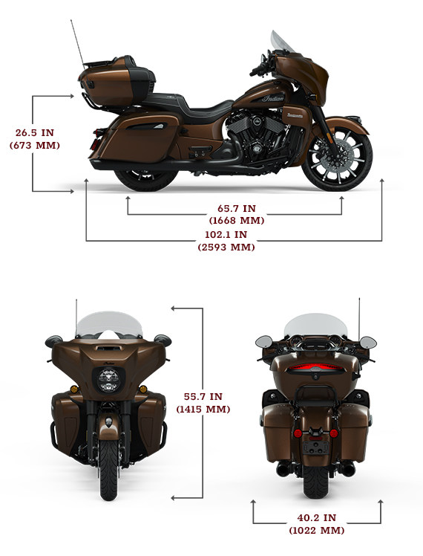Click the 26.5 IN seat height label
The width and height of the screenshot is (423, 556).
[35, 139]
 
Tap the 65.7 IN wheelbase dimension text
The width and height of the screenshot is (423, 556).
[237, 214]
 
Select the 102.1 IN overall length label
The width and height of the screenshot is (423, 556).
[226, 240]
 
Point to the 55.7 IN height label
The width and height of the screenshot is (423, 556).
[203, 402]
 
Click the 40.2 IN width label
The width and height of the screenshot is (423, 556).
[317, 524]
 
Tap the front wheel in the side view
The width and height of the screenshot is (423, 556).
[337, 157]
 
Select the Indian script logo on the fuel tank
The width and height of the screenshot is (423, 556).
[273, 98]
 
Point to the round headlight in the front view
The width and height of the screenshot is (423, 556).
[109, 381]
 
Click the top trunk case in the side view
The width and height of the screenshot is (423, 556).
[117, 82]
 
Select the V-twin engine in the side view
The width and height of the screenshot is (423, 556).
[262, 137]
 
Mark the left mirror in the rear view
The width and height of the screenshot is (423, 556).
[264, 342]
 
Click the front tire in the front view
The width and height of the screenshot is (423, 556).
[108, 470]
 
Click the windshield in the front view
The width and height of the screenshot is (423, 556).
[109, 324]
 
